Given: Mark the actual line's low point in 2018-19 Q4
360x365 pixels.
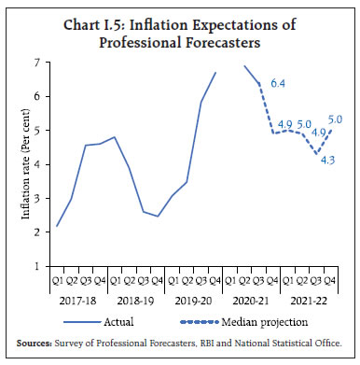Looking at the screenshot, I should [x=158, y=217].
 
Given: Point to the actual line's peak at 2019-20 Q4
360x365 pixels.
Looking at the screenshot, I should [x=215, y=73].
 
